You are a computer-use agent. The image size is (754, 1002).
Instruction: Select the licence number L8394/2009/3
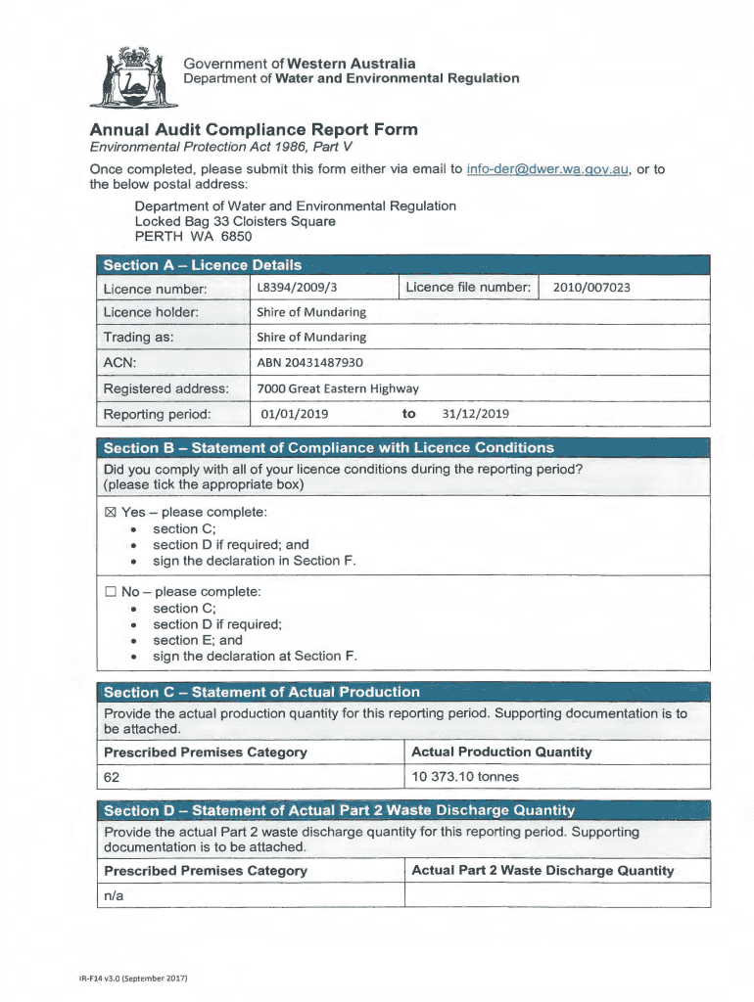click(297, 288)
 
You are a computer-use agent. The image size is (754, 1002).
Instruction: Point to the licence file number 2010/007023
click(590, 288)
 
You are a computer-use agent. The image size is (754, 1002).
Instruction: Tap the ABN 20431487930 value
click(309, 362)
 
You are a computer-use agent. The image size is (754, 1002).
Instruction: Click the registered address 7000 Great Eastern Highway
click(337, 388)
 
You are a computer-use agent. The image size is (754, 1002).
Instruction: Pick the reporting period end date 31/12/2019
click(475, 414)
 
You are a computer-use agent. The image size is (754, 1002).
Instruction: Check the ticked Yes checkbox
click(110, 513)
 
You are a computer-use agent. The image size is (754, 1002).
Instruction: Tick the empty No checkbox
click(110, 592)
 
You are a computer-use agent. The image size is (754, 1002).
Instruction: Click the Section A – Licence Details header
click(203, 264)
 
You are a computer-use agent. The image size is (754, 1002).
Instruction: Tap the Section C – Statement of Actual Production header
click(261, 692)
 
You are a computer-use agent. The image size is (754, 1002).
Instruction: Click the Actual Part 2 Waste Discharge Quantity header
click(542, 870)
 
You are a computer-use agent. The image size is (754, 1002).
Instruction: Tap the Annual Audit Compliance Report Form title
click(254, 129)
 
